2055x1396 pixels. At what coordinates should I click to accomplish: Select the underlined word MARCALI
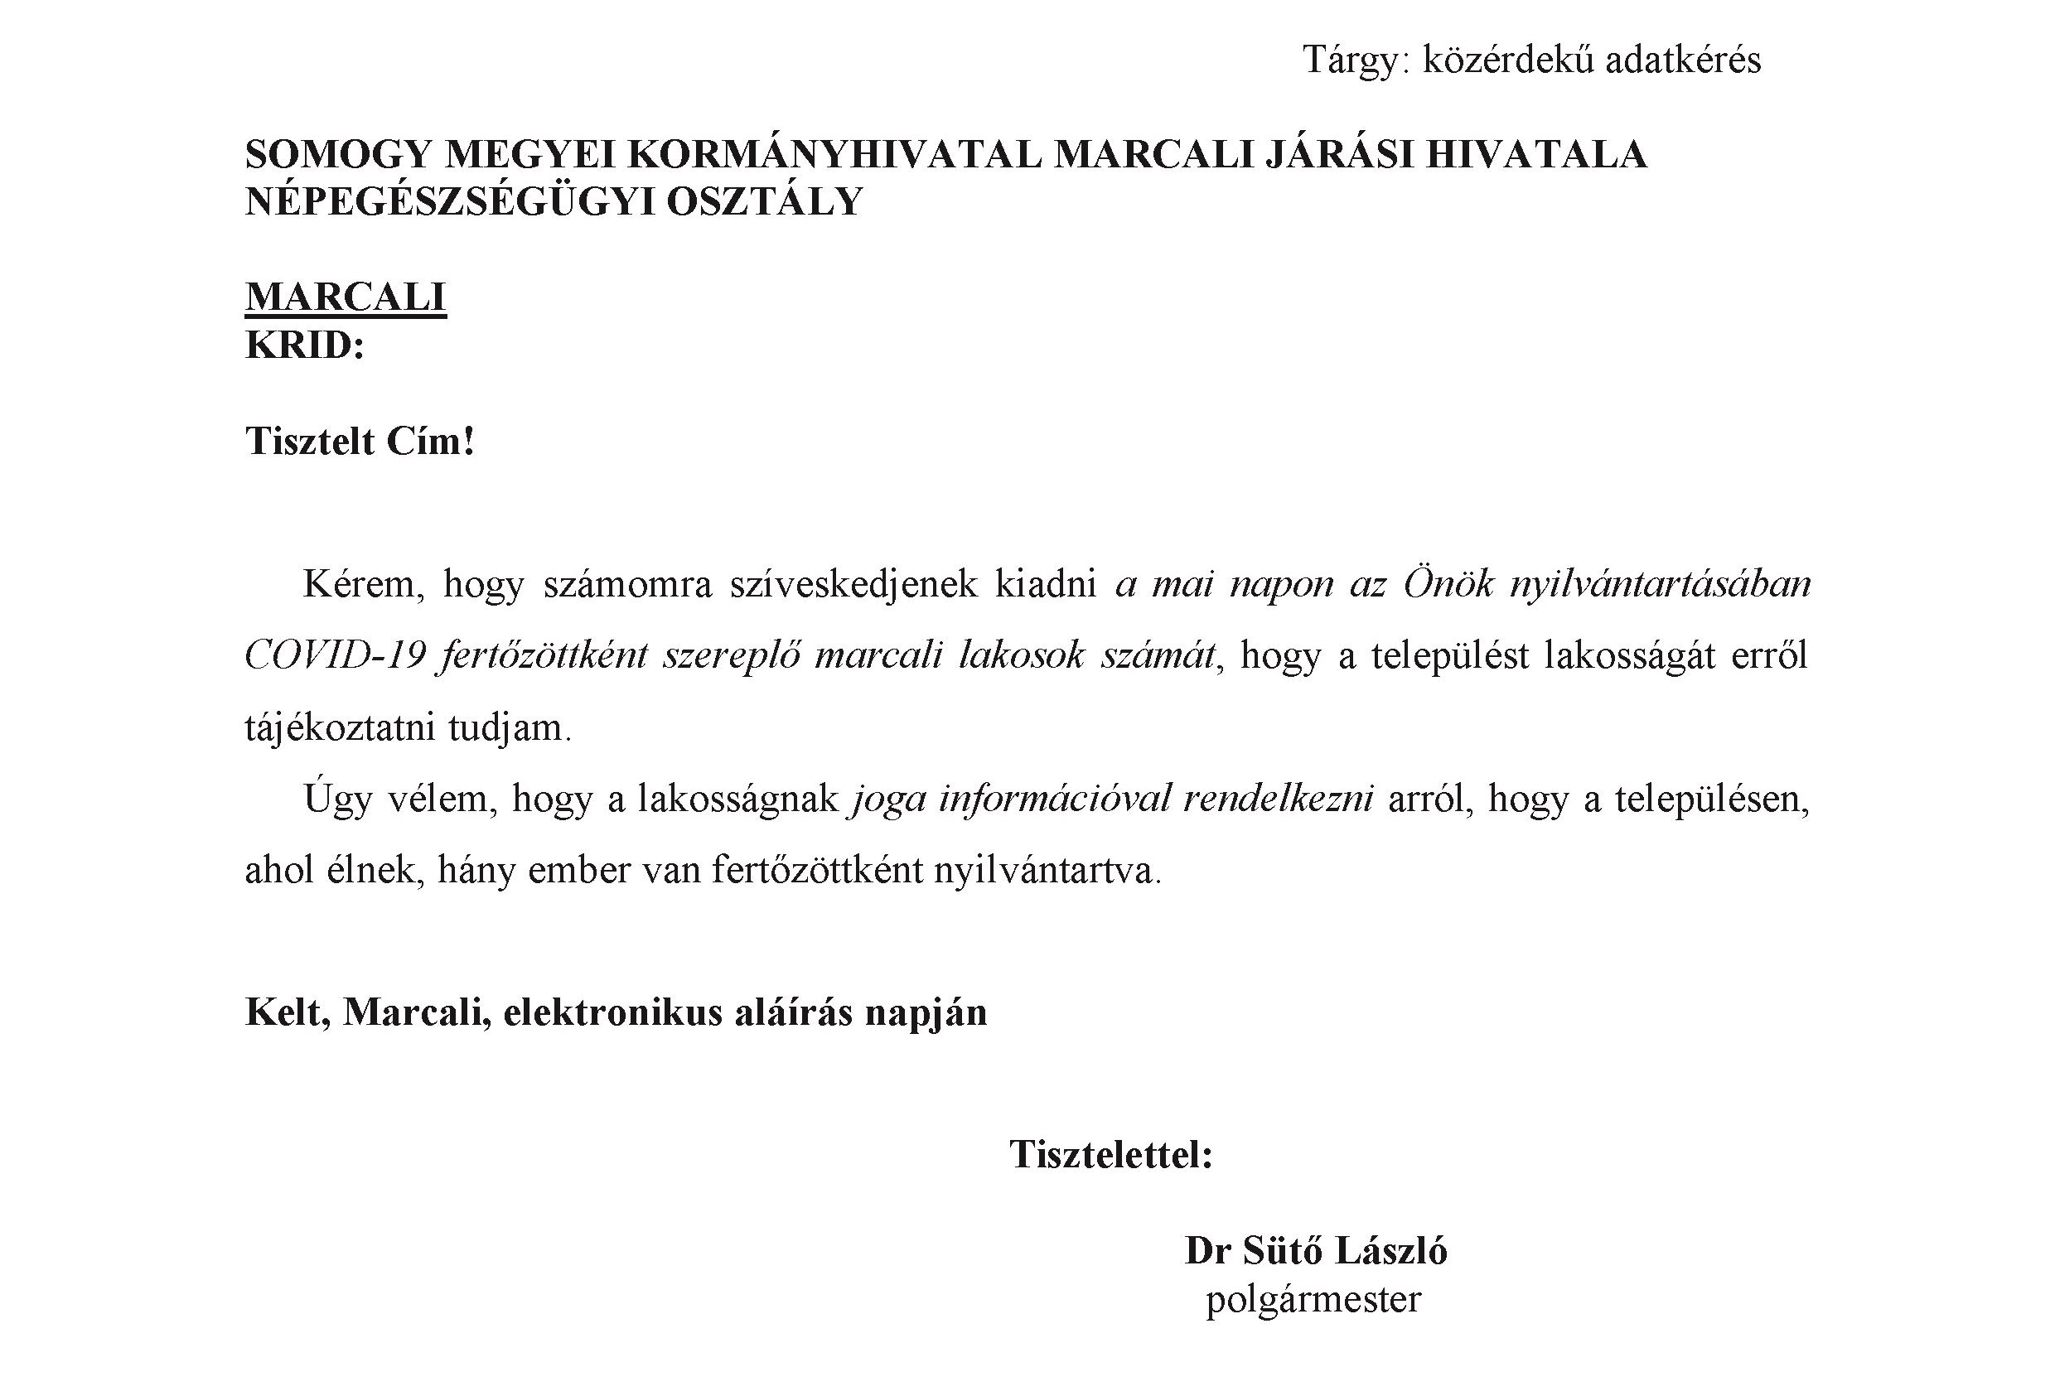click(346, 297)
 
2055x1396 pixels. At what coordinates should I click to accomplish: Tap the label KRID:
click(305, 345)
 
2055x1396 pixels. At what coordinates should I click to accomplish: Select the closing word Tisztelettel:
click(1110, 1156)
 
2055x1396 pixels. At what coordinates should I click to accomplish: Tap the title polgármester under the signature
click(1313, 1300)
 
